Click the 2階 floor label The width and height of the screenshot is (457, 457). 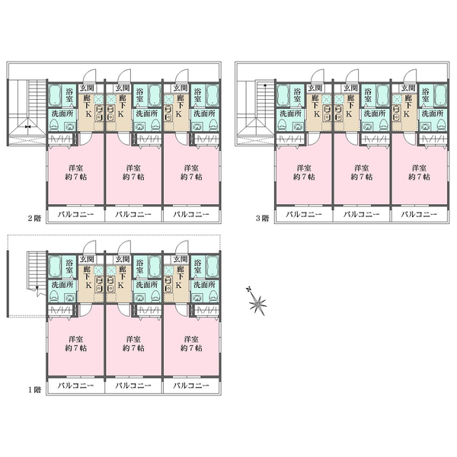pyautogui.click(x=34, y=219)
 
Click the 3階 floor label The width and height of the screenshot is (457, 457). pyautogui.click(x=262, y=219)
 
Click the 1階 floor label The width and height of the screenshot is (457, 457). pyautogui.click(x=34, y=390)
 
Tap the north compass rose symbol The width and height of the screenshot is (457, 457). pyautogui.click(x=257, y=302)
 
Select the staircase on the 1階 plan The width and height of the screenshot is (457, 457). pyautogui.click(x=37, y=273)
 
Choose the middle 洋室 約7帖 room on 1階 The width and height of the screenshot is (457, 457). pyautogui.click(x=133, y=344)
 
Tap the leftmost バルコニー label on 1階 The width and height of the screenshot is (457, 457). pyautogui.click(x=75, y=385)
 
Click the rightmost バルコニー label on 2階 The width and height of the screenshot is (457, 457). pyautogui.click(x=191, y=215)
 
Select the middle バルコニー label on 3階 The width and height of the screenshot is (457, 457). pyautogui.click(x=361, y=215)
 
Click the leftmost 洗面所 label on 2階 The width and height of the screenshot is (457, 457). pyautogui.click(x=62, y=113)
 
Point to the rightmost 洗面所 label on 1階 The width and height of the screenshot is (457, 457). pyautogui.click(x=204, y=284)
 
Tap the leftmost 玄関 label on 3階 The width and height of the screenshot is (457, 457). pyautogui.click(x=315, y=88)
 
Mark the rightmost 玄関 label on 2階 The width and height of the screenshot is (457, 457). pyautogui.click(x=180, y=88)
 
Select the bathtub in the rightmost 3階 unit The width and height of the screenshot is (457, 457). pyautogui.click(x=440, y=95)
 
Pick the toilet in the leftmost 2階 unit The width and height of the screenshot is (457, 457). pyautogui.click(x=54, y=125)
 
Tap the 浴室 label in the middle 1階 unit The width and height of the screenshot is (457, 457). pyautogui.click(x=140, y=267)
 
